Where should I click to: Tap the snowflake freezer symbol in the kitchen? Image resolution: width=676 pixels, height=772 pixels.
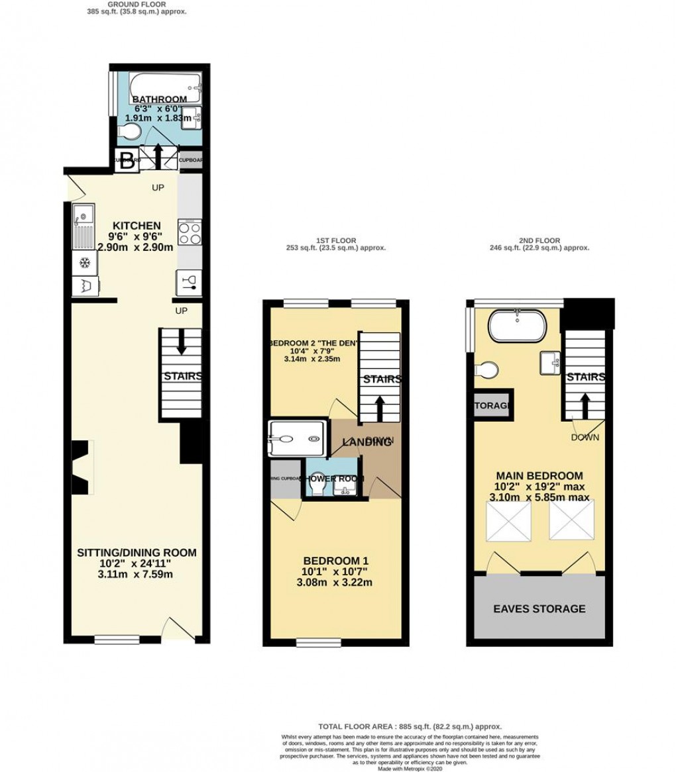(84, 263)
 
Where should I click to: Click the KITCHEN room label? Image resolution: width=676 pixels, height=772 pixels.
(135, 225)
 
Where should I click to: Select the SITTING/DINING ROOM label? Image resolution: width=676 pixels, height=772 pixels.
(137, 552)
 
